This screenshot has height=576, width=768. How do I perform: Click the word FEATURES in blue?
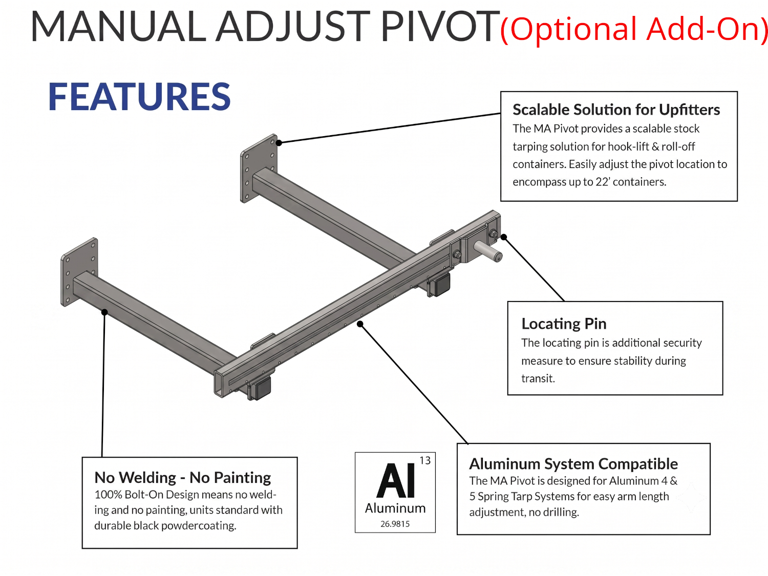point(139,97)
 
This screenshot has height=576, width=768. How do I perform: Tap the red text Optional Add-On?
point(634,29)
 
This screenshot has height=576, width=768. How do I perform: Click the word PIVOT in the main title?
point(440,26)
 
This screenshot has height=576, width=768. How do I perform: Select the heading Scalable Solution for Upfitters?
point(616,110)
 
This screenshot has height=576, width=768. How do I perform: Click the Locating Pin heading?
point(564,324)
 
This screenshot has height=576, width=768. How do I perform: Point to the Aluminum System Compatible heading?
point(573,464)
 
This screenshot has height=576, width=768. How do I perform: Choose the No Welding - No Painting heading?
point(183,477)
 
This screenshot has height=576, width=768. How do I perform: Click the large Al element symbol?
point(396,480)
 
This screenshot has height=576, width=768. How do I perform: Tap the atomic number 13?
point(425,461)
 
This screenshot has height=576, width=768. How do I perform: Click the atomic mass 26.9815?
point(395,524)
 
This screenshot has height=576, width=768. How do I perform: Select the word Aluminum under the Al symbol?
point(395,508)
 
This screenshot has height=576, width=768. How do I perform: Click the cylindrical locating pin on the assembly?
point(488,251)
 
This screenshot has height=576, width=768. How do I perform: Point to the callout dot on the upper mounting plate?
point(279,143)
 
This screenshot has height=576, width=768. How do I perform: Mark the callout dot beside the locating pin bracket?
point(504,237)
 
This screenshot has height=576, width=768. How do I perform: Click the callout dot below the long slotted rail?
point(360,324)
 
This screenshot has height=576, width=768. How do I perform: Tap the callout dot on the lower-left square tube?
point(104,312)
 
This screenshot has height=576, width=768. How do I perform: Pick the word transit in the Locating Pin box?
point(538,378)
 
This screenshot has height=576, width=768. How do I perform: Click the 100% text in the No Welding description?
point(108,495)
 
